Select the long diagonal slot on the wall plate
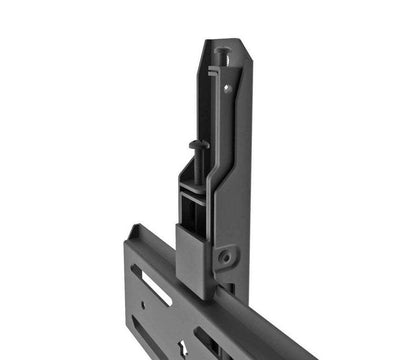[153, 286]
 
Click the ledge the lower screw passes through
[197, 186]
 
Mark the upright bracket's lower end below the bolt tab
[232, 290]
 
